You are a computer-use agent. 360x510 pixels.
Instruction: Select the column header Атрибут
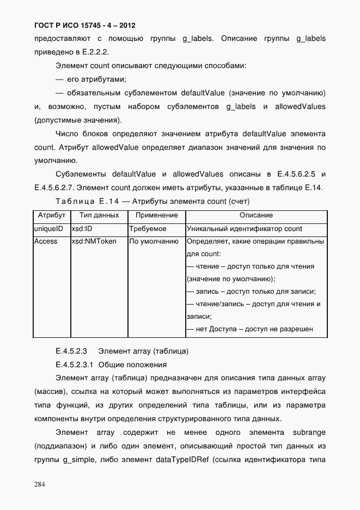[x=52, y=216]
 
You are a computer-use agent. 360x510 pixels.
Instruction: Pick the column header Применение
[x=156, y=216]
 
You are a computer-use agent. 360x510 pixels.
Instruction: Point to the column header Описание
[x=256, y=216]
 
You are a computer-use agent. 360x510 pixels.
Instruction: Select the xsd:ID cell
[x=82, y=229]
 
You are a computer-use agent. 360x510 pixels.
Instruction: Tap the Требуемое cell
[x=148, y=229]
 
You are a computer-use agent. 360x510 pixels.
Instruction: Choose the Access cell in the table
[x=46, y=241]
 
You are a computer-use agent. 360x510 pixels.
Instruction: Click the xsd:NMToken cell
[x=94, y=241]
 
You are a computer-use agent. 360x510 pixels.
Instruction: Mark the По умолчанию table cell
[x=154, y=241]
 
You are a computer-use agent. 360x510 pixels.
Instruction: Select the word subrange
[x=309, y=432]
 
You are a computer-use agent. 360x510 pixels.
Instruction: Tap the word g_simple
[x=75, y=459]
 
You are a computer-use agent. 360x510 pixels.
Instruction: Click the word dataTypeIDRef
[x=181, y=459]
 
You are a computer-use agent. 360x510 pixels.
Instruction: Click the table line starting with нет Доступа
[x=249, y=329]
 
